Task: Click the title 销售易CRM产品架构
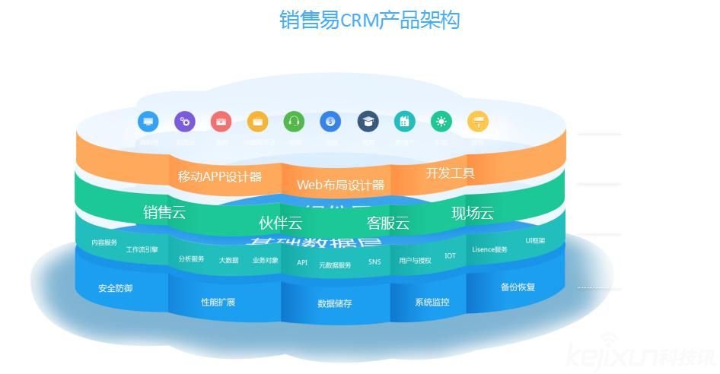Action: pos(369,20)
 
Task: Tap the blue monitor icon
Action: pos(148,121)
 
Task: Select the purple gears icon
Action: pos(185,121)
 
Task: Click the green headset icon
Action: pos(294,121)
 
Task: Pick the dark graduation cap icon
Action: pos(368,121)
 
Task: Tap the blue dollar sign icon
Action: pos(330,121)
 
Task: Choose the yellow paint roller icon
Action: pos(478,121)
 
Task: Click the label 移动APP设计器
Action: pos(219,176)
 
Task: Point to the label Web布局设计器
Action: pos(340,185)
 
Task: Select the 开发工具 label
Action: pos(450,173)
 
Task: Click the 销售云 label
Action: pos(164,212)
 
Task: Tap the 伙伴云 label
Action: pos(280,223)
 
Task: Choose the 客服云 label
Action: pos(388,223)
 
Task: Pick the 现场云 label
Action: pos(473,213)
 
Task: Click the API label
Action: pos(302,262)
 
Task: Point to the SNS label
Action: pos(374,262)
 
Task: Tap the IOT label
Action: pos(451,255)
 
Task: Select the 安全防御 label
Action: pos(116,288)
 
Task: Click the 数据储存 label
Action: pos(335,303)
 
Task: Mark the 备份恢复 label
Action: pos(518,287)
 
